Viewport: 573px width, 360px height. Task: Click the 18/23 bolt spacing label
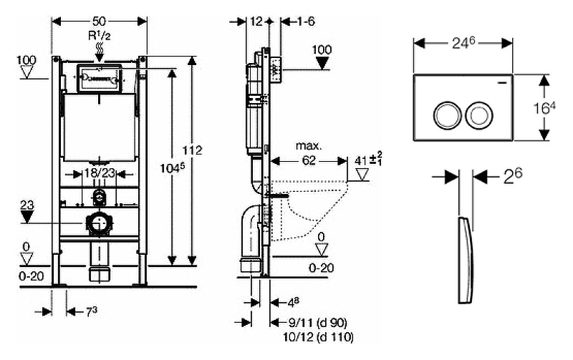[98, 172]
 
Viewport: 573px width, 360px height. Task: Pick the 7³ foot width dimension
[92, 311]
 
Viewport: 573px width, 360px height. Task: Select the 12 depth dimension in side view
[259, 21]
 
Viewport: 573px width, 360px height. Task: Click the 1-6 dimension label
[306, 21]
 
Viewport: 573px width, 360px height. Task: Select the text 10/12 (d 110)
[318, 337]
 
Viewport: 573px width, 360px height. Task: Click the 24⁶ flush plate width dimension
[463, 43]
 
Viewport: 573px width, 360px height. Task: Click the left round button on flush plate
[444, 113]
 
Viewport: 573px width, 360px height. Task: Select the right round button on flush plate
[476, 113]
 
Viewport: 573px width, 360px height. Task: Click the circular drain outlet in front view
[99, 225]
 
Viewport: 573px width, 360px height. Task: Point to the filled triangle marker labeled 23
[27, 218]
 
